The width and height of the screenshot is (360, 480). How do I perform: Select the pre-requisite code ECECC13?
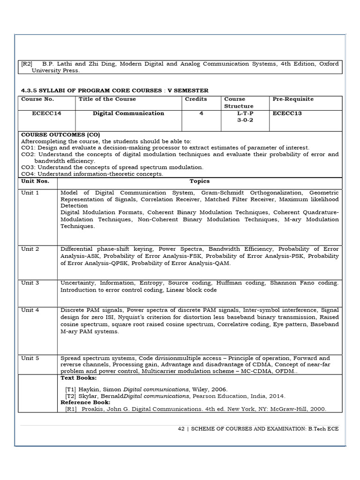tap(287, 113)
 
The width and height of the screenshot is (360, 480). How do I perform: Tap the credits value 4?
tap(201, 113)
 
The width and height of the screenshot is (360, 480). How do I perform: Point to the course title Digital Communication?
tap(128, 113)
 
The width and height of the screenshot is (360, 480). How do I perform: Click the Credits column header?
tap(196, 99)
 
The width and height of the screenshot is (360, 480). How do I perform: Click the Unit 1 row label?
tap(30, 193)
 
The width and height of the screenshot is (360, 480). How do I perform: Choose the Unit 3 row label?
tap(30, 283)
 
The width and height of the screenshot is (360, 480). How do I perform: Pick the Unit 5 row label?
tap(30, 358)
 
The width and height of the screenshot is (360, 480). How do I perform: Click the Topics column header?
tap(200, 181)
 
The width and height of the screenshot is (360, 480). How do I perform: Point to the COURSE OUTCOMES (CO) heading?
tap(60, 134)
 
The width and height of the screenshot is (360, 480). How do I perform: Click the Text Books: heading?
tap(79, 377)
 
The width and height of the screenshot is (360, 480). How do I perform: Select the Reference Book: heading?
tap(85, 402)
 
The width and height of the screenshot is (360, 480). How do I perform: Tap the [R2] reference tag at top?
tap(27, 64)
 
